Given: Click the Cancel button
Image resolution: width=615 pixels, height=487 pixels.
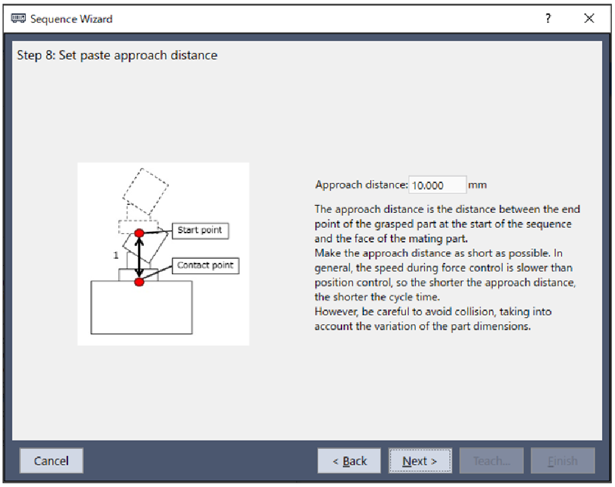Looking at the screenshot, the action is click(x=51, y=461).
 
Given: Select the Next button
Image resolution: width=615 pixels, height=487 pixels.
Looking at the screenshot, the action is click(x=420, y=461).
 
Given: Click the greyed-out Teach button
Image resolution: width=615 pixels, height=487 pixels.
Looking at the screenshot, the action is click(x=491, y=461).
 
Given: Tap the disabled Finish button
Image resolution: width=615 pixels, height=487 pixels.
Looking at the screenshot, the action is click(x=563, y=461).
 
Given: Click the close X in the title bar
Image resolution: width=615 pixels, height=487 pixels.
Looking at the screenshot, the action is click(x=589, y=18).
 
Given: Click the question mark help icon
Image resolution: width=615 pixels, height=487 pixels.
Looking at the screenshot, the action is click(x=548, y=18).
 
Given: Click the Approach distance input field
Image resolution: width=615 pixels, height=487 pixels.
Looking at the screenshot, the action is click(x=438, y=185).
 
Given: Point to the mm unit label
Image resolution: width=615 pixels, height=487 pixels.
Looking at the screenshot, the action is click(x=477, y=185).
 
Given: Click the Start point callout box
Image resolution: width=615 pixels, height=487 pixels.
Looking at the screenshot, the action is click(x=200, y=231).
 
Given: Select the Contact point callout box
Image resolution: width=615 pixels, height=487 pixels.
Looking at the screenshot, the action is click(x=206, y=266).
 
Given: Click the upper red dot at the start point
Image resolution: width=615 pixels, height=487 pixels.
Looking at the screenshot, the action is click(x=140, y=233).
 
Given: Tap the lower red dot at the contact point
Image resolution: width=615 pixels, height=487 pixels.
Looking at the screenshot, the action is click(x=140, y=282).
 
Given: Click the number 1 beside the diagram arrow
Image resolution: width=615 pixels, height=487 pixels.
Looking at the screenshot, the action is click(x=116, y=255).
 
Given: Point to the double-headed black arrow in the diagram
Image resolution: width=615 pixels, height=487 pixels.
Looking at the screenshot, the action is click(x=140, y=258).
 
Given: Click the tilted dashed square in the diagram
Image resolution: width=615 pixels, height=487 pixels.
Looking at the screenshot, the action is click(x=146, y=191).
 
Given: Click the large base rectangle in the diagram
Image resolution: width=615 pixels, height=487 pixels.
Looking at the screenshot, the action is click(x=141, y=307).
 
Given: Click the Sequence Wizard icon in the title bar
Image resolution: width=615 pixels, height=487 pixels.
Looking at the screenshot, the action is click(x=18, y=18).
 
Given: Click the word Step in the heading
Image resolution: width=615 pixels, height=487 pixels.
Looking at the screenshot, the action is click(x=29, y=55).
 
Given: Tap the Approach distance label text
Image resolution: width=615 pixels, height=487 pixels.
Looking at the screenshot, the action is click(x=362, y=185).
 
